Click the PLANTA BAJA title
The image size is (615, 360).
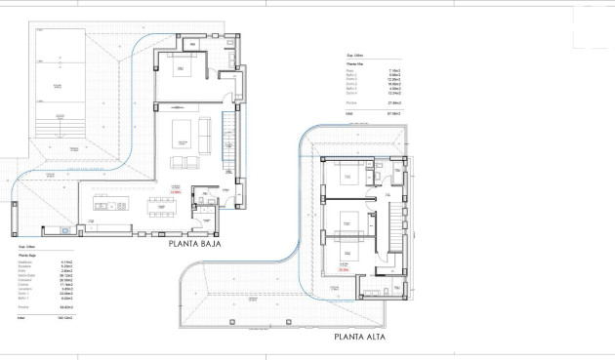coord(194,244)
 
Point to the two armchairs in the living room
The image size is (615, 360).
coord(183,161)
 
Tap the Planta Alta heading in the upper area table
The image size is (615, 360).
coord(357,64)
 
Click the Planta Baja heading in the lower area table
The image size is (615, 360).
coord(30,256)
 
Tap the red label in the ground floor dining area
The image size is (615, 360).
coord(177,192)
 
